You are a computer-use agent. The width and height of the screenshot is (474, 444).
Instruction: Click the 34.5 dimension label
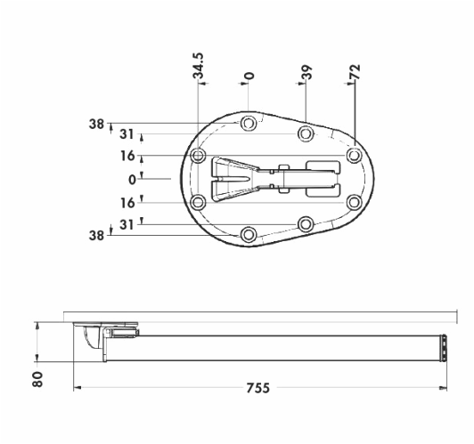tap(199, 66)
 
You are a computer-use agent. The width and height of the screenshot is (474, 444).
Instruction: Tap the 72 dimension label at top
tap(355, 71)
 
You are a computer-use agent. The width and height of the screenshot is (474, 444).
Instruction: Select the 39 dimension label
tap(306, 72)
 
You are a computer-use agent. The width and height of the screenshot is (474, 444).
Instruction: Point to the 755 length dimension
tap(257, 388)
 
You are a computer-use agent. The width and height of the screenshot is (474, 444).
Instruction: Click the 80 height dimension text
tap(37, 379)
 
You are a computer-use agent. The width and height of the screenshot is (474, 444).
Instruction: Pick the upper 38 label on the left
tap(96, 124)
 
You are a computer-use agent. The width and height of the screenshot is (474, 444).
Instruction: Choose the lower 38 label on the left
tap(96, 236)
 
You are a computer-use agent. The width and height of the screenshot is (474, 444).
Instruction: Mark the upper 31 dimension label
tap(127, 134)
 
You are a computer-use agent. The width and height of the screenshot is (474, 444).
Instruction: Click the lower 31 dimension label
tap(127, 225)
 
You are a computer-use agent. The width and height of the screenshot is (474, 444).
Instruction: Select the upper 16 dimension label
tap(127, 156)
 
